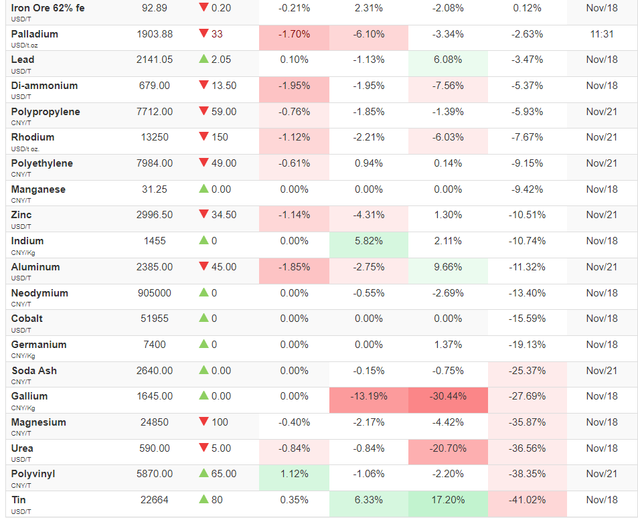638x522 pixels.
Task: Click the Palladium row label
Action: (35, 34)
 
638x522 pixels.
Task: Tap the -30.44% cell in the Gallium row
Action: (448, 396)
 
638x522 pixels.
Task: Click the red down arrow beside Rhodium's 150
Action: (204, 137)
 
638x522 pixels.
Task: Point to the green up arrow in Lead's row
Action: (204, 59)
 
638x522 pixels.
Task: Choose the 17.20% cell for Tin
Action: (448, 500)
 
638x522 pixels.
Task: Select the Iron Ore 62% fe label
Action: (48, 8)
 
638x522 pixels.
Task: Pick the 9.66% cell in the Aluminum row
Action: (448, 267)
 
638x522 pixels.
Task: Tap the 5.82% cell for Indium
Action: (369, 241)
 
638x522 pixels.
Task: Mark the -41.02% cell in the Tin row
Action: (527, 500)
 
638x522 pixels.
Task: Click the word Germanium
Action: (39, 345)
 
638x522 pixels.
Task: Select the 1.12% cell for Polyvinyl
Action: (295, 474)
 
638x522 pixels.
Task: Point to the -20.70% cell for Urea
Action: (448, 448)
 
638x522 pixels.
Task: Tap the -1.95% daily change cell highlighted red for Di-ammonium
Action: (295, 86)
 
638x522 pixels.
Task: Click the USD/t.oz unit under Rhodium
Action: (23, 149)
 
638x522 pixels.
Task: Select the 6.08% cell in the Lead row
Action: (448, 60)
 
